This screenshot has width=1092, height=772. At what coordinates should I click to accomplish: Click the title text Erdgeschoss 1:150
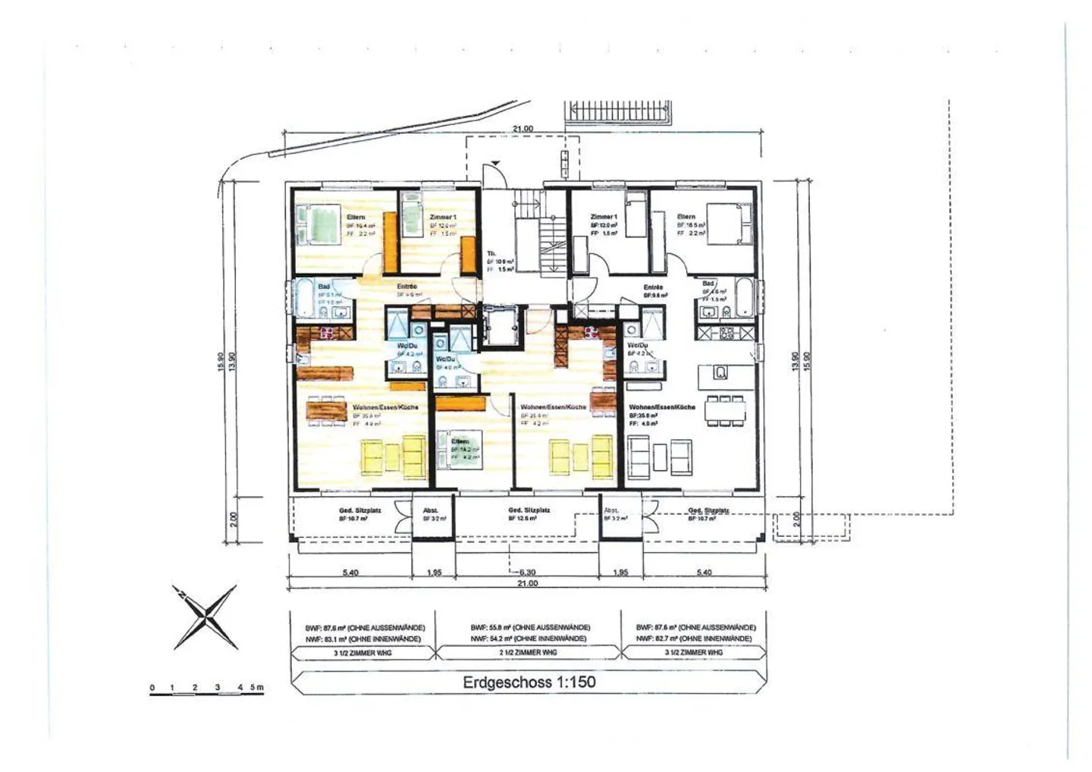[529, 682]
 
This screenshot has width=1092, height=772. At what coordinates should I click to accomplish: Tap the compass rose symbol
[204, 617]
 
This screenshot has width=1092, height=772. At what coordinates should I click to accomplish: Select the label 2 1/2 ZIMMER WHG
[529, 652]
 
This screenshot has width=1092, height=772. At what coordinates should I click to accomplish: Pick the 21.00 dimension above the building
[522, 129]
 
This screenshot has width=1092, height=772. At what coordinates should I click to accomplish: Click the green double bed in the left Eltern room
[319, 225]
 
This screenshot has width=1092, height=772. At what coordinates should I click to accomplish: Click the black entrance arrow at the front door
[495, 163]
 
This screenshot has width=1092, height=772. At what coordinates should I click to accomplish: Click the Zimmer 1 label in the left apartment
[442, 217]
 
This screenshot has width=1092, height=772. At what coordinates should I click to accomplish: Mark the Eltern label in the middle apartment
[460, 441]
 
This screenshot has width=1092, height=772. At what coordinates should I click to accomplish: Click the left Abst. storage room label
[431, 510]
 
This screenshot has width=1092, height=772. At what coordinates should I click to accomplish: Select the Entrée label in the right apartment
[653, 287]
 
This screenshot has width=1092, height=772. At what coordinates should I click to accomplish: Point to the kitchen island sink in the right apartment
[721, 372]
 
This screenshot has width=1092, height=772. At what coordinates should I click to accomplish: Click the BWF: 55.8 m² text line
[529, 628]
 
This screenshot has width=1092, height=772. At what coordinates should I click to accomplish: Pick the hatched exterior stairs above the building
[618, 111]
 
